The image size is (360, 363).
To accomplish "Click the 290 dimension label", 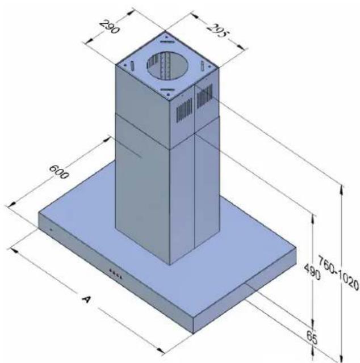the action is click(110, 27).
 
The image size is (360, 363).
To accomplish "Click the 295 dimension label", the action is click(217, 30).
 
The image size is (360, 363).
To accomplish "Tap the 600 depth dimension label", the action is click(59, 172).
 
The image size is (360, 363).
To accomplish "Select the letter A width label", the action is click(86, 299).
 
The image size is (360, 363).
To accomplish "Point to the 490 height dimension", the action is click(312, 272).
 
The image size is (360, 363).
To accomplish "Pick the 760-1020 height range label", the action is click(338, 272).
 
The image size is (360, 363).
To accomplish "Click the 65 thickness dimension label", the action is click(312, 337).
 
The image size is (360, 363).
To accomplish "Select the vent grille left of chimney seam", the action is click(185, 109).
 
